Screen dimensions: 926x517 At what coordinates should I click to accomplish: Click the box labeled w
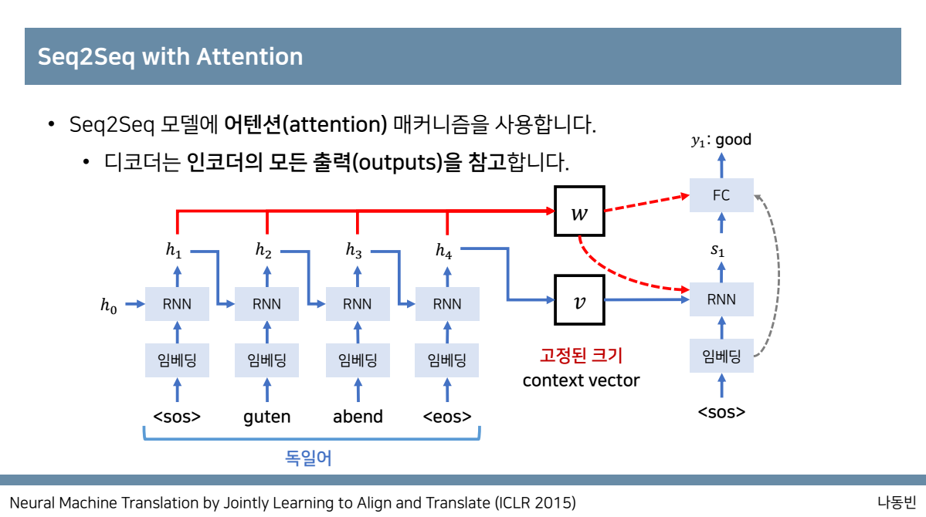click(578, 212)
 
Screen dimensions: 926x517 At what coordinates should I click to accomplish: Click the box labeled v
click(578, 300)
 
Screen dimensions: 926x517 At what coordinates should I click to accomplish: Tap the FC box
click(721, 195)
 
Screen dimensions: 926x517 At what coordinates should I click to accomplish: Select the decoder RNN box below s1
click(721, 299)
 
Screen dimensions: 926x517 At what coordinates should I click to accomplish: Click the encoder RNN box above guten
click(267, 303)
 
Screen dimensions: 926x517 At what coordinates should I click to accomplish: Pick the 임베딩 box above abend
click(357, 360)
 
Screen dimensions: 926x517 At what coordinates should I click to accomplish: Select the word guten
click(267, 417)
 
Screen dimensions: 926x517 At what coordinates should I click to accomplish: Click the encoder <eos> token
click(447, 417)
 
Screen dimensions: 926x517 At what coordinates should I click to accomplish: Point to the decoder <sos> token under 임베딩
click(721, 411)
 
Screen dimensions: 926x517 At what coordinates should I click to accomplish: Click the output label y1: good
click(721, 140)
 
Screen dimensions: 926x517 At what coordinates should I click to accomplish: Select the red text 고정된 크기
click(581, 356)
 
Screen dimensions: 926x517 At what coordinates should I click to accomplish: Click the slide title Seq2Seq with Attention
click(170, 56)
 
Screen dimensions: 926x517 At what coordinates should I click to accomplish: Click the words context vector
click(581, 380)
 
